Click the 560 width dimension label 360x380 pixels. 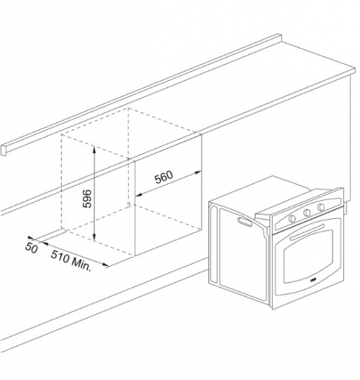[x=164, y=177]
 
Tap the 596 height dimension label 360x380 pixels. [x=87, y=199]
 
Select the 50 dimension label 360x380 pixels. [x=31, y=248]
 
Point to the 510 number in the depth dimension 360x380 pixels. [x=60, y=256]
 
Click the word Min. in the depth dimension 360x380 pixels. [x=81, y=265]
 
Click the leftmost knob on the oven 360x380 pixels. [x=292, y=218]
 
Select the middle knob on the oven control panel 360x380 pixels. [x=307, y=213]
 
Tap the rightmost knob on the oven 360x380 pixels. [x=321, y=206]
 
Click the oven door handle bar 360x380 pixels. [x=307, y=232]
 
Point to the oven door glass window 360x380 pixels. [x=308, y=257]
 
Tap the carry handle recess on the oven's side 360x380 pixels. [x=245, y=221]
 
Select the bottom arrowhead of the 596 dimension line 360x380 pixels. [x=94, y=239]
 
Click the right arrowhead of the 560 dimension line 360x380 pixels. [x=198, y=172]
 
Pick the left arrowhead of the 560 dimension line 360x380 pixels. [x=138, y=194]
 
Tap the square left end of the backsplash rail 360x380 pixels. [x=4, y=150]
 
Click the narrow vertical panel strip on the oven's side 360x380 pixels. [x=214, y=244]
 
